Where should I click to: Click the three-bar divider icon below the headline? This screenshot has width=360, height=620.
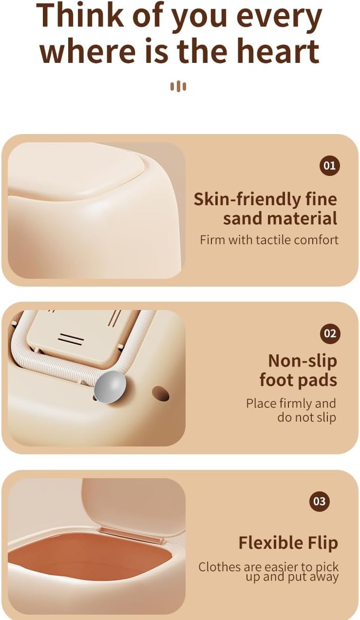[x=178, y=86]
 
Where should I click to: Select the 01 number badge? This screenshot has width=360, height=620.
[x=329, y=166]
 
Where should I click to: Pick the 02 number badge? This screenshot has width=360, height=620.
[x=330, y=333]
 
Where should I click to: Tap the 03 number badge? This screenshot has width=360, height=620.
[x=320, y=501]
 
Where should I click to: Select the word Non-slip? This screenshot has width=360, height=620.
[x=303, y=362]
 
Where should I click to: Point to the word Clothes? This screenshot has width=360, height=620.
[x=219, y=567]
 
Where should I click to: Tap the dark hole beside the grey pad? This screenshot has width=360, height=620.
[x=160, y=394]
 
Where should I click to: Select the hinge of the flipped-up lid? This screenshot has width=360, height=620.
[x=133, y=533]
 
